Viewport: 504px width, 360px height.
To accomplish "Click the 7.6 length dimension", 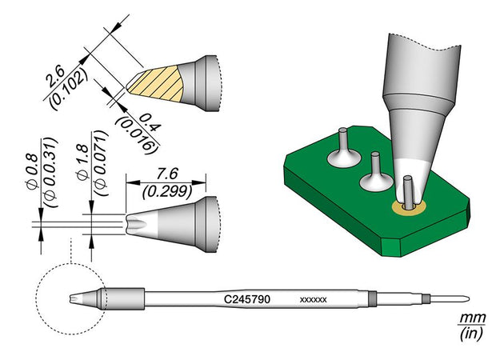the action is click(167, 174).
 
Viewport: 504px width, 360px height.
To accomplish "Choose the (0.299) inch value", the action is click(166, 191).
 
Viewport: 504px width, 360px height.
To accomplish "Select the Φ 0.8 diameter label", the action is click(34, 173).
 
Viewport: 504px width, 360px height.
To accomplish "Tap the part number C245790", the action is click(246, 299).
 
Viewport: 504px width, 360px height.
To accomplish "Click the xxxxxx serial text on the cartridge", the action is click(313, 300).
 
